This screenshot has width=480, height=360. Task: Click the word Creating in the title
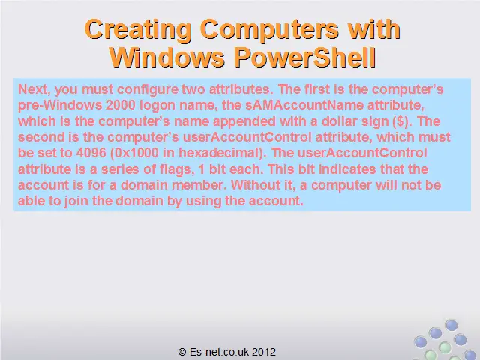point(138,30)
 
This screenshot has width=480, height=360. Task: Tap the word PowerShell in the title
point(305,58)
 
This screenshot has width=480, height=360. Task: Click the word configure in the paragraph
point(148,90)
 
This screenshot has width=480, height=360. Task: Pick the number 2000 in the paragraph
point(121,105)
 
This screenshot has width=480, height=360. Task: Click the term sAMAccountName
point(304,105)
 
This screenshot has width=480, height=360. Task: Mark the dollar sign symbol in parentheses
point(400,121)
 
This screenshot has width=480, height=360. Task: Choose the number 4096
point(91,153)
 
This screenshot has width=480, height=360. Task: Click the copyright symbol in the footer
point(182,352)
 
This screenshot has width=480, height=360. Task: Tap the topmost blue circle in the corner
point(451,325)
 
